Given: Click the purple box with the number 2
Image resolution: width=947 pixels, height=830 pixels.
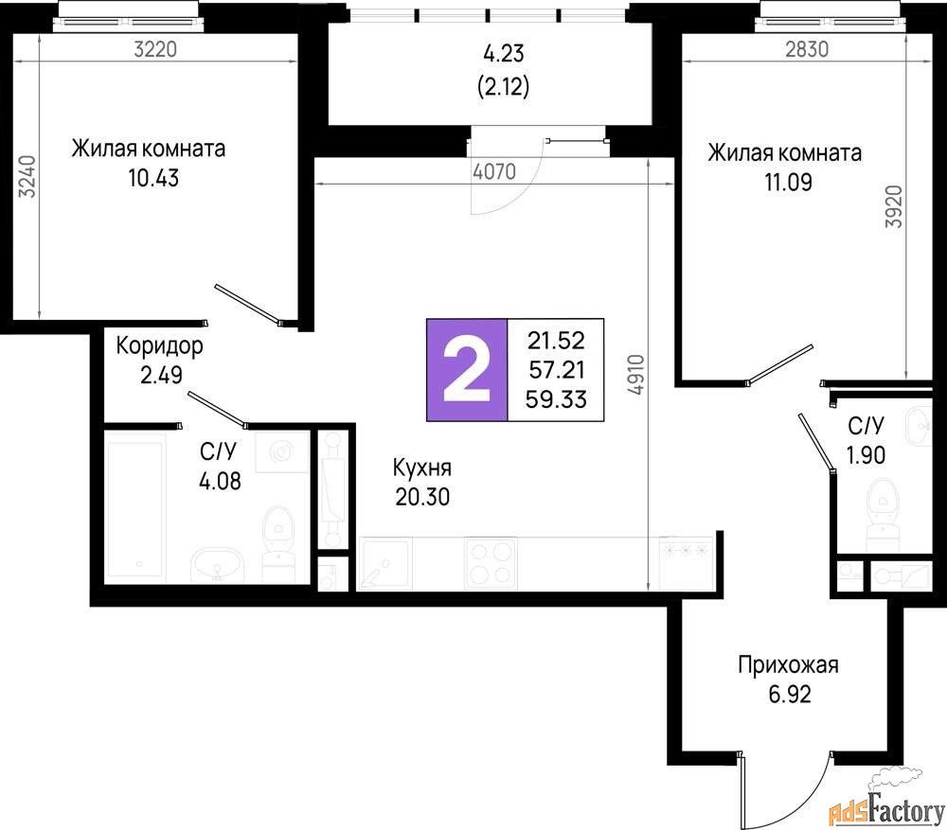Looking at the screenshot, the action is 467,369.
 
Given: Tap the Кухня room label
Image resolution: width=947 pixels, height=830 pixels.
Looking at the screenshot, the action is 422,468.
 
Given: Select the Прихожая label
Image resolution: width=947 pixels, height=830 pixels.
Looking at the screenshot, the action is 788,664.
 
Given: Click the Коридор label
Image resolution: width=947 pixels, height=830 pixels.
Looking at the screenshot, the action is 159,345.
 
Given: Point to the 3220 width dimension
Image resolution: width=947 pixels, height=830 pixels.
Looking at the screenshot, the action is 155,49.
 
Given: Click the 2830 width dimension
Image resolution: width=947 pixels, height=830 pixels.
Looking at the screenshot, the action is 807,49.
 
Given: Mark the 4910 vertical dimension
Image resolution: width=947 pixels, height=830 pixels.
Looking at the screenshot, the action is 636,374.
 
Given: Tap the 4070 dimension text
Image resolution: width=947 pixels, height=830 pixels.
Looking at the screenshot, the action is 494,171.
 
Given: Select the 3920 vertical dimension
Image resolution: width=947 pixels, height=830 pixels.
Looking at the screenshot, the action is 894,206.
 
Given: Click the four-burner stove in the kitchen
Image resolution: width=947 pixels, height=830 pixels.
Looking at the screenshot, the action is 491,563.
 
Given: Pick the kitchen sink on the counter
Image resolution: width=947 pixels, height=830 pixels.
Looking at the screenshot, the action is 385,564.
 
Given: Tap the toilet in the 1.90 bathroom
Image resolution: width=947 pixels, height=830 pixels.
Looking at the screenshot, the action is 883,506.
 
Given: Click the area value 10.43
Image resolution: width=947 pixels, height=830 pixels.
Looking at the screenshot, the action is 153,178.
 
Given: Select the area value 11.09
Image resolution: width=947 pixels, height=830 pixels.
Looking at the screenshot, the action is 788,182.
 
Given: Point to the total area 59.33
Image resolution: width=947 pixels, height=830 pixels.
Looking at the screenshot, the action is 556,399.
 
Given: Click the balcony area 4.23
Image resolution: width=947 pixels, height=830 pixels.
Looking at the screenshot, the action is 504,53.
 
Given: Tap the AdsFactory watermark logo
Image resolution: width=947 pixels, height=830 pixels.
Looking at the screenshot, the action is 886,798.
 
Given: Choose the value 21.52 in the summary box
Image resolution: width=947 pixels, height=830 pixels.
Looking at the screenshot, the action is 556,341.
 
